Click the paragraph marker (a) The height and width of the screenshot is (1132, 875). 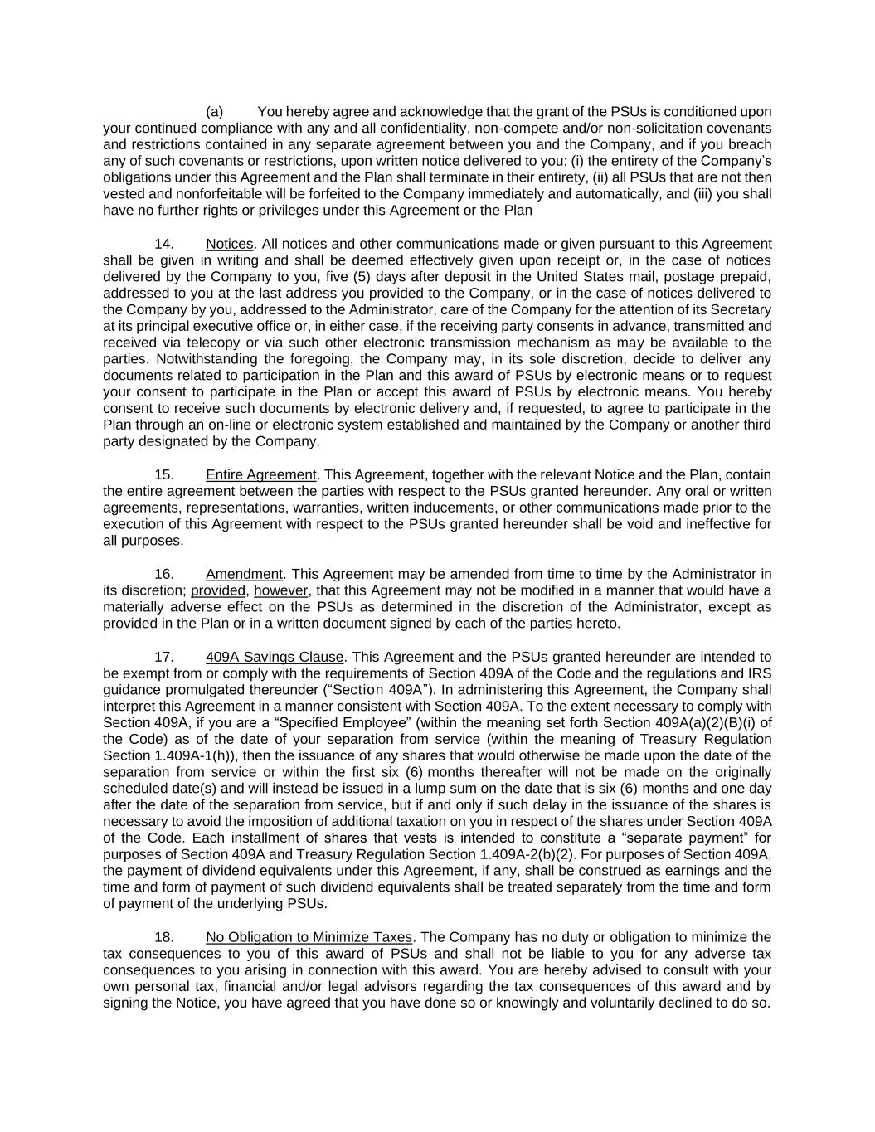[x=214, y=112]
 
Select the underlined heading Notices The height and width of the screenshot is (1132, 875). [x=230, y=244]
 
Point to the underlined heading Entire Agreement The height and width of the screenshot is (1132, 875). [x=261, y=474]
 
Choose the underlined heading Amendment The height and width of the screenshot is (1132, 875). [x=245, y=574]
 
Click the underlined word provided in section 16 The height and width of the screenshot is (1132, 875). [x=218, y=590]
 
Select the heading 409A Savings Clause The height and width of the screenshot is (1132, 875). [x=275, y=657]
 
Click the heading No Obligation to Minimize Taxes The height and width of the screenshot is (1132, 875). [x=309, y=937]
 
